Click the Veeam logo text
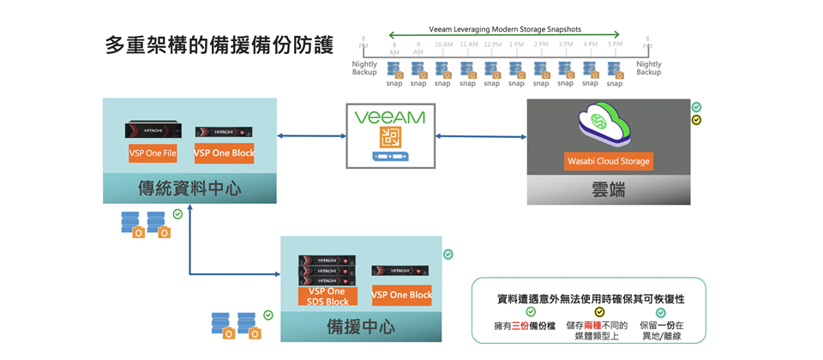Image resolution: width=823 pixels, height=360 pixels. click(388, 116)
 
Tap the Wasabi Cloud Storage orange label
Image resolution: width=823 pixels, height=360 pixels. click(609, 161)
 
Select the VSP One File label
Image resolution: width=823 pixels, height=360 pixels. click(153, 153)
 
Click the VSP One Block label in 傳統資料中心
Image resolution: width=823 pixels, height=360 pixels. click(224, 153)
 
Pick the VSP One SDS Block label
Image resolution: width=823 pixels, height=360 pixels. click(327, 297)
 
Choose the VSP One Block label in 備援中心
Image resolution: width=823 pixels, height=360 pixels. click(401, 295)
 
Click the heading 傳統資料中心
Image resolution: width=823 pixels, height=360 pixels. click(189, 189)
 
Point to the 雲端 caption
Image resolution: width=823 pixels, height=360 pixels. click(608, 189)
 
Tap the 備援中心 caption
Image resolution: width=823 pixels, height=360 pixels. click(361, 327)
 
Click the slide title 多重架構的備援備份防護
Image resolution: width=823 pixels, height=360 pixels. click(219, 45)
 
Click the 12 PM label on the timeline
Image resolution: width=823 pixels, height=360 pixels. click(492, 44)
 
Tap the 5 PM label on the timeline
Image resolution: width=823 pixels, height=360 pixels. click(615, 44)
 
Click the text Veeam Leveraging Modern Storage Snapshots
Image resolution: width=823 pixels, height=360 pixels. click(505, 29)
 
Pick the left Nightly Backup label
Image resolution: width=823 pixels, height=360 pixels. click(364, 68)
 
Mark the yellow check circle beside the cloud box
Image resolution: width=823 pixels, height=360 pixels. click(696, 120)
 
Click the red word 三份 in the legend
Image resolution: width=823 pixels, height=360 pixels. click(520, 327)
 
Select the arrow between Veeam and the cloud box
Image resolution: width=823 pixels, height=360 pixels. click(480, 136)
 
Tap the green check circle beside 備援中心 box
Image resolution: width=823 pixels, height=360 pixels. click(448, 255)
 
